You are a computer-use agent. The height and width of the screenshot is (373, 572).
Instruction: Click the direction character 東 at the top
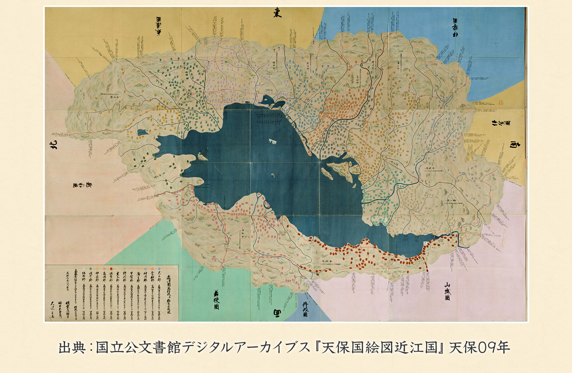click(x=277, y=13)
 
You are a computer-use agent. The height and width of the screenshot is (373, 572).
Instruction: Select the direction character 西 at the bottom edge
click(x=277, y=313)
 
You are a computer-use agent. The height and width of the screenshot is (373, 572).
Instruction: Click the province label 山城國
click(x=447, y=291)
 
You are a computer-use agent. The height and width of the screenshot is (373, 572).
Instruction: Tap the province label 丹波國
click(x=305, y=309)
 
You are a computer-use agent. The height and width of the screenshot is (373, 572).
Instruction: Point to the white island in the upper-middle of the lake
click(x=272, y=141)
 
